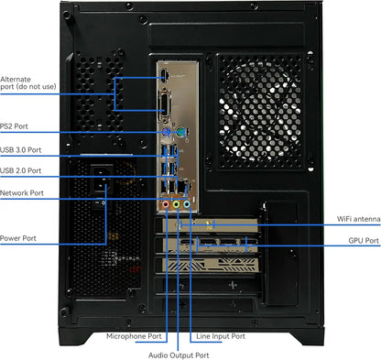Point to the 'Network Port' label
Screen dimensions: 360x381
click(22, 193)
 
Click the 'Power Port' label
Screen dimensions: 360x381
click(18, 238)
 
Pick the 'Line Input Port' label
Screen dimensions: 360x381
click(220, 337)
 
